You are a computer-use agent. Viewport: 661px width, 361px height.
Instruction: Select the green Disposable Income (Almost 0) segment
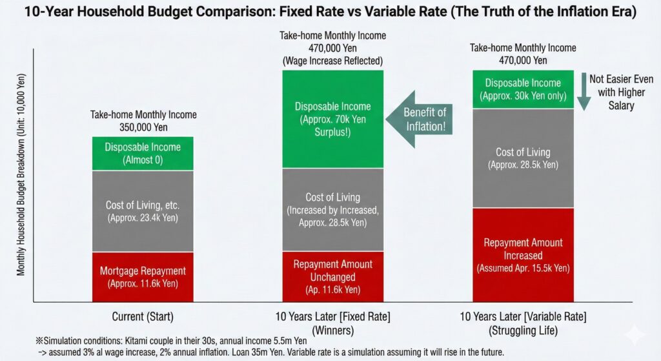coord(143,153)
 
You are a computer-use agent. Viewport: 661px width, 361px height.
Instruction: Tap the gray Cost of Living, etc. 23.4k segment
coord(143,211)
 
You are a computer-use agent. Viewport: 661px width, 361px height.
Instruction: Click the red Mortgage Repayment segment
coord(143,276)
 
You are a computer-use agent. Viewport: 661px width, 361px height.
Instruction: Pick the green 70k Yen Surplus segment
coord(332,119)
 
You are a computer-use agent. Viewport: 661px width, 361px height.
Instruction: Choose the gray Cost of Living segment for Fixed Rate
coord(332,210)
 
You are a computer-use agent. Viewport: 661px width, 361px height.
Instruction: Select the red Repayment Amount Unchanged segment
coord(332,276)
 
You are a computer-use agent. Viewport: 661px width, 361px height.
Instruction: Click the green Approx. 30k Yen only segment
coord(523,90)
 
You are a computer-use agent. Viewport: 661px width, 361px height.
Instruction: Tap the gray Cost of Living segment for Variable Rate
coord(523,158)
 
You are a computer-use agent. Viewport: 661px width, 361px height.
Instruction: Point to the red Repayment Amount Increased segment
coord(523,254)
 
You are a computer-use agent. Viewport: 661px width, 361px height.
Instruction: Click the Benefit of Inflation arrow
coord(420,119)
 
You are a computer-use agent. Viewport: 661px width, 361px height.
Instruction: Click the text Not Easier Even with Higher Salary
coord(620,91)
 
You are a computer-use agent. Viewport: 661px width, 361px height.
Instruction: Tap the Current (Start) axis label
coord(143,317)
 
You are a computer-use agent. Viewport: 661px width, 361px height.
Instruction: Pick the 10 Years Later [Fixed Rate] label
coord(332,317)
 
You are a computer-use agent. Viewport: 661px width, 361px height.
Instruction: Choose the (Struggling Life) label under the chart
coord(523,329)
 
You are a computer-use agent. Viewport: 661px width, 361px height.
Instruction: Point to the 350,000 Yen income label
coord(143,127)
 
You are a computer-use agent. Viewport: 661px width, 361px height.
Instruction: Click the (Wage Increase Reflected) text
coord(332,61)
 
